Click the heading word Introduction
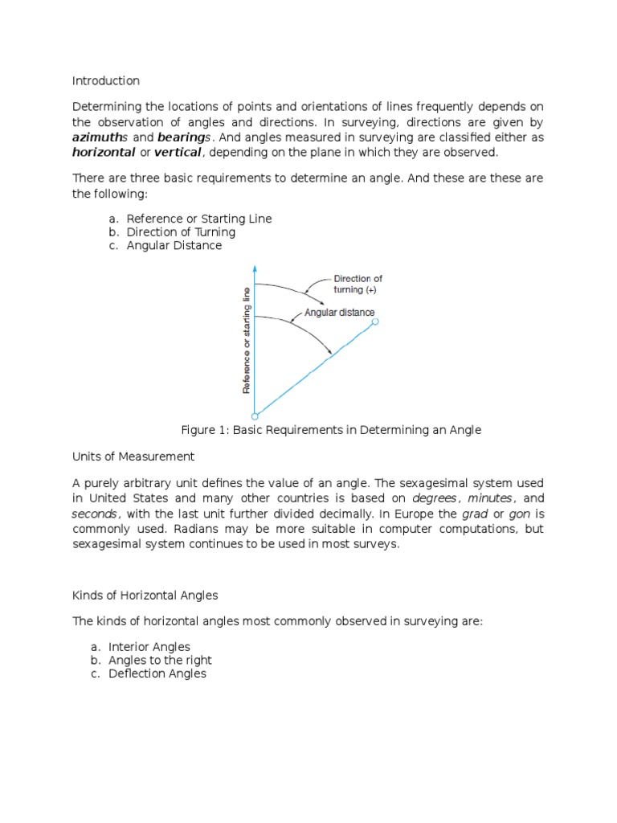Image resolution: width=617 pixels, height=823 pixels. (x=106, y=81)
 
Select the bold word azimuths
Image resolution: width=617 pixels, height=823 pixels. (x=100, y=137)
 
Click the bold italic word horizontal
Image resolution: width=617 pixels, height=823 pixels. (x=104, y=153)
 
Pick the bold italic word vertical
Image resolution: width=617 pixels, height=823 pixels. (x=178, y=153)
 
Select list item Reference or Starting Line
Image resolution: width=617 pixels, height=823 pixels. (x=199, y=219)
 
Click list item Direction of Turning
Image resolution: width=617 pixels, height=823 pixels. (x=181, y=232)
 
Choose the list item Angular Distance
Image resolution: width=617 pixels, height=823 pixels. (x=174, y=246)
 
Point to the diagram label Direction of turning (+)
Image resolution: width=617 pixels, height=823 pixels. (x=358, y=285)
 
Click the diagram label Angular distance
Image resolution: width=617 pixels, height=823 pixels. (x=339, y=313)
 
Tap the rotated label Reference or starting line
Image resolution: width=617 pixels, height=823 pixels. (x=247, y=339)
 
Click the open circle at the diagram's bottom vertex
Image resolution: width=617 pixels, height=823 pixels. (x=255, y=416)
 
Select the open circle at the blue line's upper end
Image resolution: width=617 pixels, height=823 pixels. (x=374, y=321)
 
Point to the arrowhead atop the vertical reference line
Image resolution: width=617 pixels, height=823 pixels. (x=255, y=268)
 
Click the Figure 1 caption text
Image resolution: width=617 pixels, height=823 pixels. (x=331, y=430)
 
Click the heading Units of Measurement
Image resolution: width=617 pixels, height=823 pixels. (x=133, y=457)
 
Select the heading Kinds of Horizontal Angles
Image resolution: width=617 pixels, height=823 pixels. (x=145, y=596)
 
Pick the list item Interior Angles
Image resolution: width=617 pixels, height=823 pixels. (x=149, y=646)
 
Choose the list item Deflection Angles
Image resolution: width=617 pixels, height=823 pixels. (x=157, y=674)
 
